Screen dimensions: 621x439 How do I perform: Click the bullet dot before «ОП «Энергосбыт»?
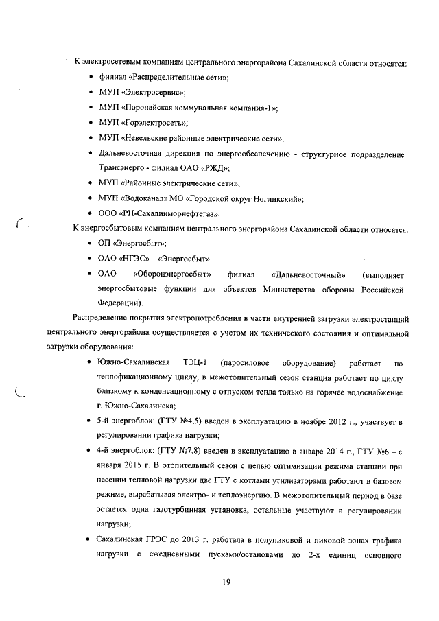[91, 244]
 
